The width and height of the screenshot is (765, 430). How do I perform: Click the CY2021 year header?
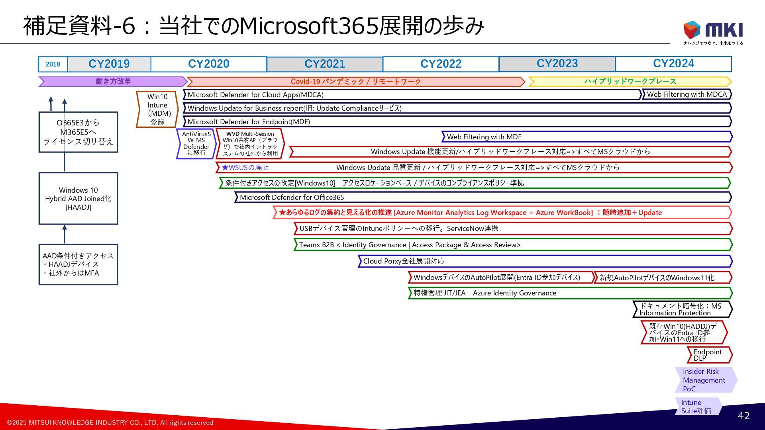(324, 64)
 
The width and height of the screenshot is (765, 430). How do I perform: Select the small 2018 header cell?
(53, 64)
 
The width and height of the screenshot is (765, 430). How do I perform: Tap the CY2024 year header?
(673, 64)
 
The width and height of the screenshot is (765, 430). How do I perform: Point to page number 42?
(743, 416)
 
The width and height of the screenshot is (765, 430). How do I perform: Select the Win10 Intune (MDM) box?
(157, 109)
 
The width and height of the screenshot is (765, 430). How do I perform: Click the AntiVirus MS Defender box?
(196, 143)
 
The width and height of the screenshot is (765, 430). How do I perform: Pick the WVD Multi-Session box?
(250, 143)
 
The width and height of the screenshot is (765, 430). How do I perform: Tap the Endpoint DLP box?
(708, 355)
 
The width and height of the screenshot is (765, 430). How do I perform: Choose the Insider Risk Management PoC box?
(704, 380)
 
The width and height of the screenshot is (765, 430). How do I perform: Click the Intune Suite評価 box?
(697, 407)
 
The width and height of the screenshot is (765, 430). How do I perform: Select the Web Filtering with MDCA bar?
(687, 94)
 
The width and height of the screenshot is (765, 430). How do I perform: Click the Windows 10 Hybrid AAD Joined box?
(78, 198)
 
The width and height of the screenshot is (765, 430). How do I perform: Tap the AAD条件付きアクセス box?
(78, 264)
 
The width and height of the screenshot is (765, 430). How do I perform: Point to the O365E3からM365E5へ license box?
(78, 132)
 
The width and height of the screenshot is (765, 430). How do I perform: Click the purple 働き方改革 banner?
(113, 81)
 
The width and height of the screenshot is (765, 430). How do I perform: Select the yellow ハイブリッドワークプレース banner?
(630, 81)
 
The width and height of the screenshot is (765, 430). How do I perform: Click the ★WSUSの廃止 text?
(245, 168)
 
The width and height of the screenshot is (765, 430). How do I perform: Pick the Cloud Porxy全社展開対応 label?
(404, 261)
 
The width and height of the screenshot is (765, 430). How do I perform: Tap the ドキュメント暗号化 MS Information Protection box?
(681, 309)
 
